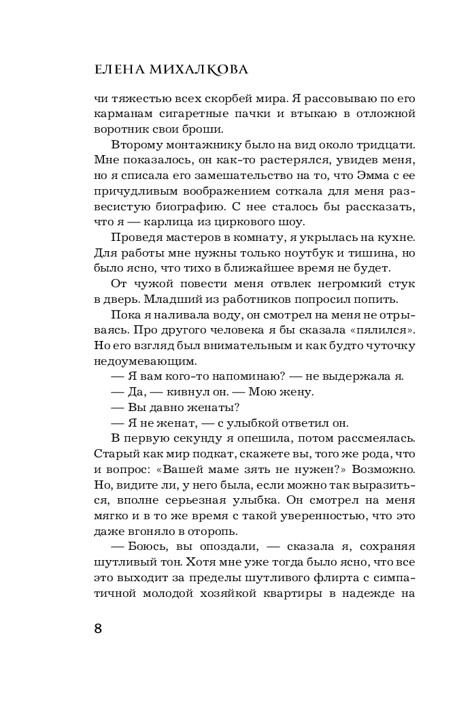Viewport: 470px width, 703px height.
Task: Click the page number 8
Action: [98, 627]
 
